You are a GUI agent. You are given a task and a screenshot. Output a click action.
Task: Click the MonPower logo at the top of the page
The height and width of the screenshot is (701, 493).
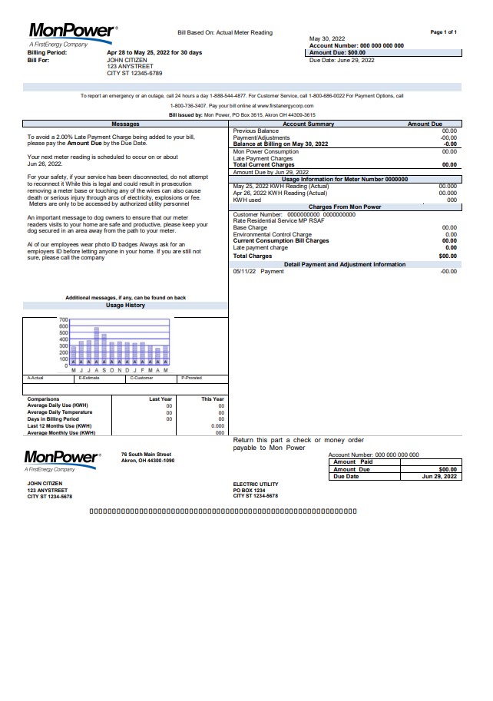(x=71, y=31)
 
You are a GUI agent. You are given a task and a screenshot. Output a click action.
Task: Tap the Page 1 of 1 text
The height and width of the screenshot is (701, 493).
(x=444, y=32)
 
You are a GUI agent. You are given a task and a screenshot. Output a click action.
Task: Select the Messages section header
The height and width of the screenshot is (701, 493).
(x=125, y=124)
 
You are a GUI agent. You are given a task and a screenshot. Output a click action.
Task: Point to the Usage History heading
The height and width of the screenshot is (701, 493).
(x=125, y=306)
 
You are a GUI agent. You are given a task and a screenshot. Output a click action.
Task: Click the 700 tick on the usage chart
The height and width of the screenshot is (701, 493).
(x=64, y=319)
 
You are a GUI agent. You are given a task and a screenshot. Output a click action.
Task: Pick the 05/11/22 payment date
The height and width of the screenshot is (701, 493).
(x=245, y=271)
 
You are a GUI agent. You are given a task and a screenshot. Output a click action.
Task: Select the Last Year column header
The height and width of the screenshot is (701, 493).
(x=160, y=399)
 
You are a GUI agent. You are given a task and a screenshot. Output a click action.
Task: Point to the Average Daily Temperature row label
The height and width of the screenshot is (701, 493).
(x=60, y=412)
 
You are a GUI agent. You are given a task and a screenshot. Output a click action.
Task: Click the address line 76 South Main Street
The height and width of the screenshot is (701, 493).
(x=146, y=455)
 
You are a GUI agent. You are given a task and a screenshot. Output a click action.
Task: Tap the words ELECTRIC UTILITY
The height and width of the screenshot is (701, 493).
(x=256, y=484)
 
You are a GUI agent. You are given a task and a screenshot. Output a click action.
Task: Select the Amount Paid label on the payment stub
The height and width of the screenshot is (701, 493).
(x=352, y=461)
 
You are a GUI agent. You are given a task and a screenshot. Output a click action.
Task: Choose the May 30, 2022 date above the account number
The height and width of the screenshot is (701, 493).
(x=327, y=38)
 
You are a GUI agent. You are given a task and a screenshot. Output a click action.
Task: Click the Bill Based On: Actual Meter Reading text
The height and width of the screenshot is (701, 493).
(x=225, y=34)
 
